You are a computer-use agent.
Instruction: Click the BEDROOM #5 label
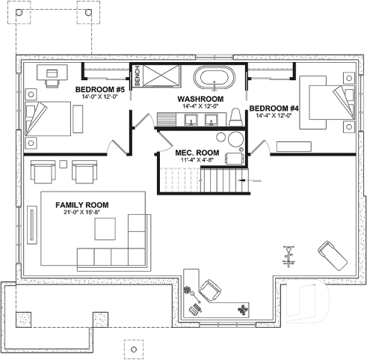(105, 89)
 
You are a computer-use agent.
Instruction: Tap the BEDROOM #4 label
(274, 107)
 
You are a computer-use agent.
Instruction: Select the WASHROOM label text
(201, 99)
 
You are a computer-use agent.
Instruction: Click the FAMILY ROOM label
(82, 204)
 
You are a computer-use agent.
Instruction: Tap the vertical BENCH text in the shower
(138, 76)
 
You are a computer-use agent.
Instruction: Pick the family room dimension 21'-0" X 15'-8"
(82, 213)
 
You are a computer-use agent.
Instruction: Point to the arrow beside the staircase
(253, 180)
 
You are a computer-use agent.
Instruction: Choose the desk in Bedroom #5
(50, 72)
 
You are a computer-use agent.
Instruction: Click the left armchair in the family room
(43, 173)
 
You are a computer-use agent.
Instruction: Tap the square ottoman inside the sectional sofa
(137, 239)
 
